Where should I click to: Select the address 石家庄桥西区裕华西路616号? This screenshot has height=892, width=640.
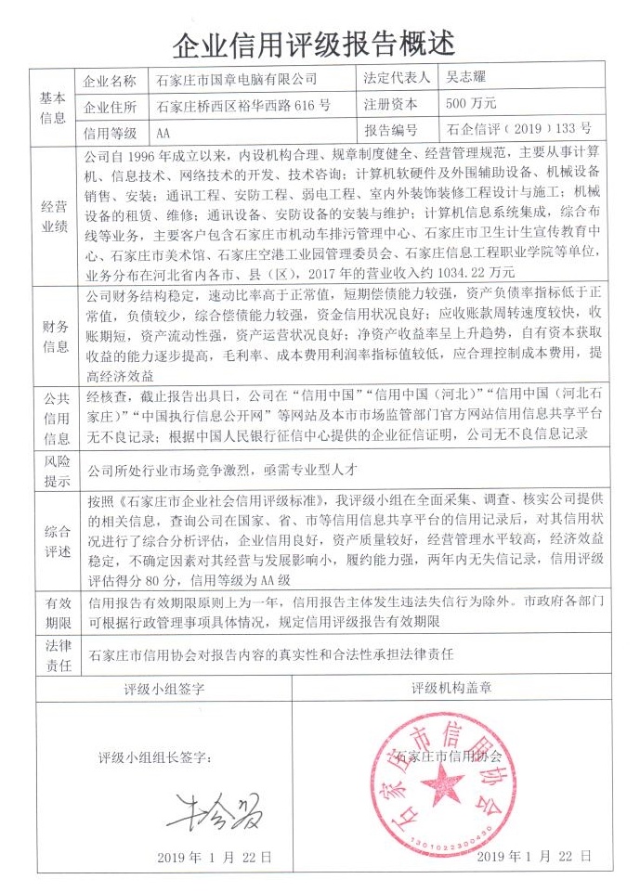pyautogui.click(x=242, y=105)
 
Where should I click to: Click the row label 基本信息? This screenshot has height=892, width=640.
pyautogui.click(x=52, y=106)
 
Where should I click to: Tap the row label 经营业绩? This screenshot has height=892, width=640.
pyautogui.click(x=52, y=215)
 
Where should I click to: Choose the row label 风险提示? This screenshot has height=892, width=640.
pyautogui.click(x=52, y=470)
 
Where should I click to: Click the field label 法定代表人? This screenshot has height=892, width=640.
pyautogui.click(x=396, y=81)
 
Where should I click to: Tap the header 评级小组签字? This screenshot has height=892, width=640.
pyautogui.click(x=163, y=692)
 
